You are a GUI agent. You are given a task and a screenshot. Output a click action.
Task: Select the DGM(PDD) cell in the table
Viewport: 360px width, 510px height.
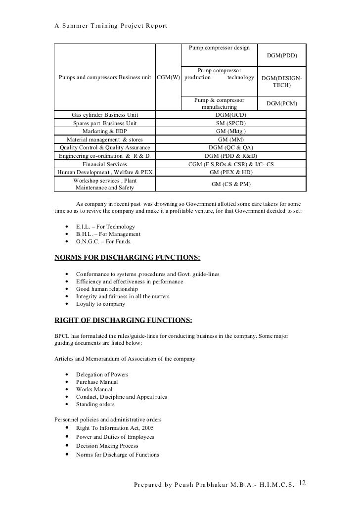coord(282,55)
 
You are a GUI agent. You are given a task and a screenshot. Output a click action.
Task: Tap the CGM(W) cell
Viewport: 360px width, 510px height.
coord(168,78)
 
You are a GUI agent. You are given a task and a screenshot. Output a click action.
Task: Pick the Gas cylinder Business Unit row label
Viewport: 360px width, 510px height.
coord(105,114)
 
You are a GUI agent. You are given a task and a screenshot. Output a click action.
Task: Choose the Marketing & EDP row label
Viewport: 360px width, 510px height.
coord(104,131)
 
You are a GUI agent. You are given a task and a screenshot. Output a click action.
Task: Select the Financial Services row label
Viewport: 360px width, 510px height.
coord(104,164)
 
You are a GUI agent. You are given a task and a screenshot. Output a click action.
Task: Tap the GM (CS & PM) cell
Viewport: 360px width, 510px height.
coord(230,184)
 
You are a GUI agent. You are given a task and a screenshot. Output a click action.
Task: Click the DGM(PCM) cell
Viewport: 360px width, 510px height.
coord(282,103)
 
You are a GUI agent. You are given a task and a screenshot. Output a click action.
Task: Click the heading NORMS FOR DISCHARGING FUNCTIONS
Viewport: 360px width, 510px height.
coord(127,258)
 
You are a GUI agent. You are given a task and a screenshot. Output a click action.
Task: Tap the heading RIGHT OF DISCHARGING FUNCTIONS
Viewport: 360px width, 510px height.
coord(123,320)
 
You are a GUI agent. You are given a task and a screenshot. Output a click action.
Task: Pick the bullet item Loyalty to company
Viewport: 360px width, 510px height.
coord(100,304)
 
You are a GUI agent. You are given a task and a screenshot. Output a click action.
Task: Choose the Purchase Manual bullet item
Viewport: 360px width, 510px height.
coord(97,382)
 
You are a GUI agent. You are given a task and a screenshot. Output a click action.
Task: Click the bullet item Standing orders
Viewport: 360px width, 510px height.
coord(95,404)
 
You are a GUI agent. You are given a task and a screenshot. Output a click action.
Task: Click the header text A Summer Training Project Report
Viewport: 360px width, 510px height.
coord(111,26)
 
